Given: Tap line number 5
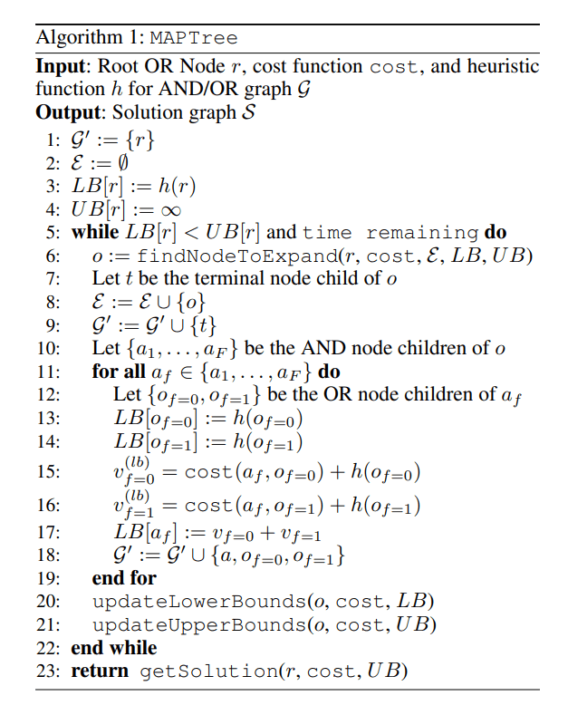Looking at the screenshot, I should click(52, 232).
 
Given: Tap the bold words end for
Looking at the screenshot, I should click(124, 578).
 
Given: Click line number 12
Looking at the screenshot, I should click(48, 394).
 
